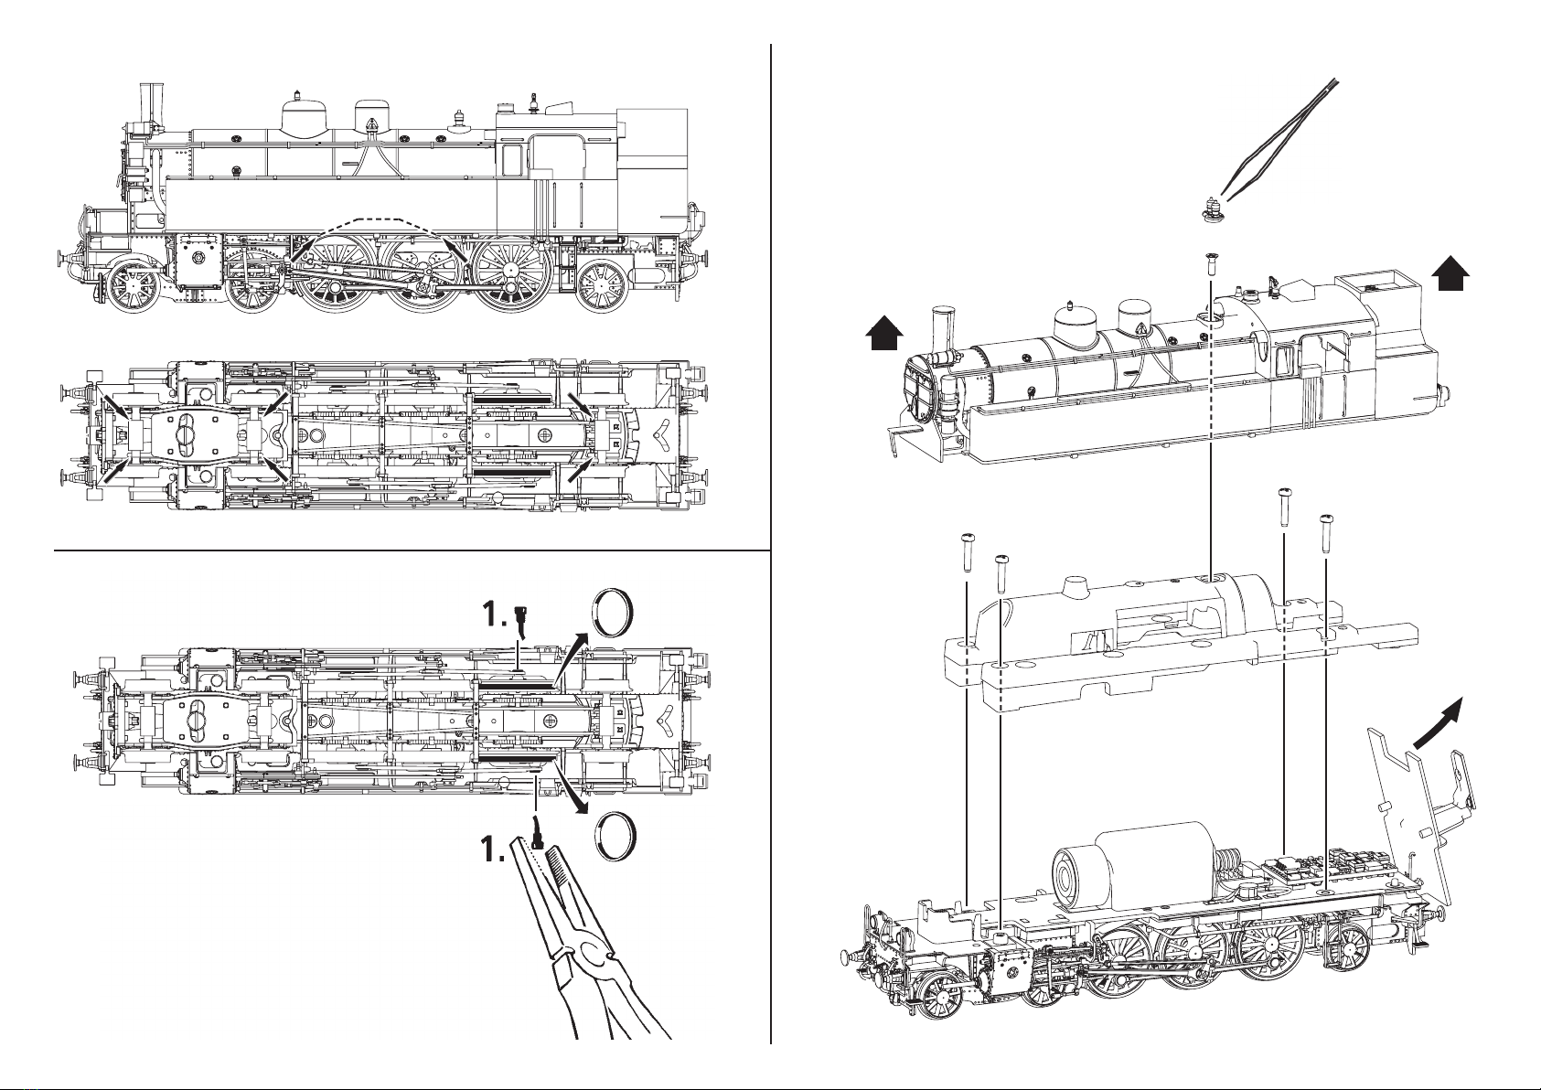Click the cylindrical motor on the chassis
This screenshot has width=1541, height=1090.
tap(1134, 865)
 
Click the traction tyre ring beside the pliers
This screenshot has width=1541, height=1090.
tap(616, 835)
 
